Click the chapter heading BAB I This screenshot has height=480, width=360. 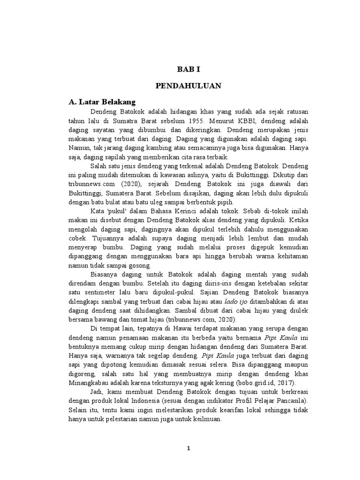pyautogui.click(x=188, y=69)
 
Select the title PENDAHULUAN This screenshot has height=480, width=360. pyautogui.click(x=188, y=86)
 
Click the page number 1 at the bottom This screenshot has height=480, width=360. pyautogui.click(x=188, y=448)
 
